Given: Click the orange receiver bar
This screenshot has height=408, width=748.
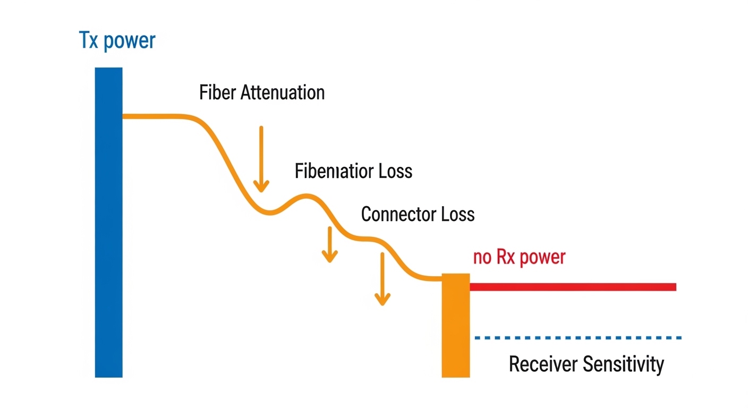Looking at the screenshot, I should pos(456,325).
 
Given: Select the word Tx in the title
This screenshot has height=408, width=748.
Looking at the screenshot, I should pos(89,40).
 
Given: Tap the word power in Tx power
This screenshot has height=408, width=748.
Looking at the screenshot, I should pos(130,41).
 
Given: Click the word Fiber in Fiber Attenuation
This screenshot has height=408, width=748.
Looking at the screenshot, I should pos(218,92).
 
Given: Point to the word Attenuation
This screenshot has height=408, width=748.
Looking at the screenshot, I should pos(283,92).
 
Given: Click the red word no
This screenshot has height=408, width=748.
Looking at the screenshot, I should pos(482,258).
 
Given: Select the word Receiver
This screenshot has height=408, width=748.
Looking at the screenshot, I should pos(542,364).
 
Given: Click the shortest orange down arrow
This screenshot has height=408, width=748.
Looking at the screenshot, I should pos(330,244).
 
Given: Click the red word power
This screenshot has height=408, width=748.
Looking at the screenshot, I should pos(543,258).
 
